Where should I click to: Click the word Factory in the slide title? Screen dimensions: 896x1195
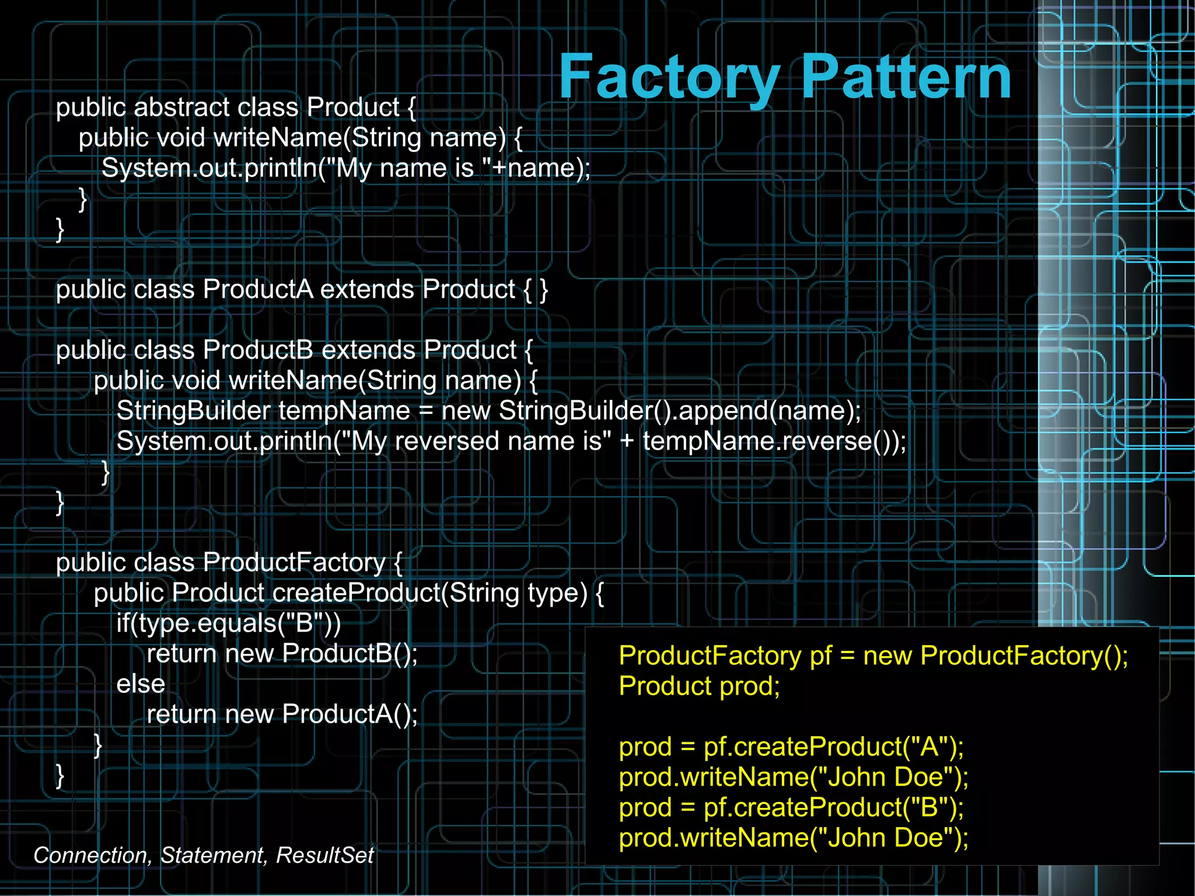[669, 78]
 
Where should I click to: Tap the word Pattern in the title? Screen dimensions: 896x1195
[906, 78]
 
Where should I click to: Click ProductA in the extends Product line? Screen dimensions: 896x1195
[257, 290]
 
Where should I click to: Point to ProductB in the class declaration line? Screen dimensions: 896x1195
[257, 350]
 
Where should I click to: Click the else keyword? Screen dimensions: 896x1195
[141, 684]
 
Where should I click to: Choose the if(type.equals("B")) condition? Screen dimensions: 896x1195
[229, 623]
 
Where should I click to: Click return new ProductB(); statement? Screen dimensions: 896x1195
[282, 654]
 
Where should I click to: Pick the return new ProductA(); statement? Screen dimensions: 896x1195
[282, 714]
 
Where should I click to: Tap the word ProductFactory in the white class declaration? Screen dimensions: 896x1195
[294, 563]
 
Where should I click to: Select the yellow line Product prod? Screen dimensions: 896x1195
[699, 686]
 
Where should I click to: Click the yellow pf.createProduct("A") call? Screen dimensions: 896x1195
[833, 747]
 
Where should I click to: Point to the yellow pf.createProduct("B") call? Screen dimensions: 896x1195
[833, 808]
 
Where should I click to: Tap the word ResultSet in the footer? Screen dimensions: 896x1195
[324, 855]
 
